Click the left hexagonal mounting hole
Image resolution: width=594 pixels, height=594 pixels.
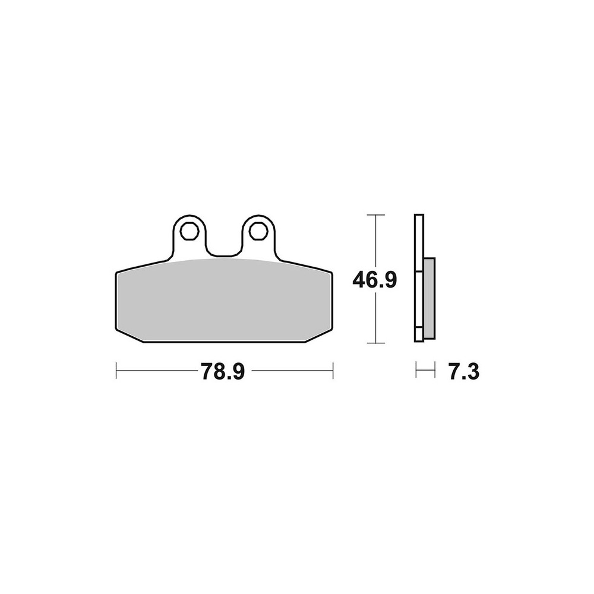click(x=189, y=230)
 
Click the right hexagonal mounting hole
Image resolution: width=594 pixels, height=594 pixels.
click(x=257, y=230)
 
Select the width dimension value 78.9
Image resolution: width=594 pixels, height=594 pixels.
click(x=223, y=372)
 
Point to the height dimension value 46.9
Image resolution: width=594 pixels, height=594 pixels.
click(x=375, y=280)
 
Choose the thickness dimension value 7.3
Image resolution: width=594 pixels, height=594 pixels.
click(x=464, y=372)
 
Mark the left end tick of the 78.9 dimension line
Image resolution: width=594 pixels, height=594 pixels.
click(x=116, y=370)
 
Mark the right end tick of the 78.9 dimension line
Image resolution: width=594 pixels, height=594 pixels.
click(x=333, y=370)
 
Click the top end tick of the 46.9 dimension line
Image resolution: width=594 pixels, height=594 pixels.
click(x=375, y=215)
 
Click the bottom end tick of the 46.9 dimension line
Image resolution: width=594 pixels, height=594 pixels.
click(x=375, y=343)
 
